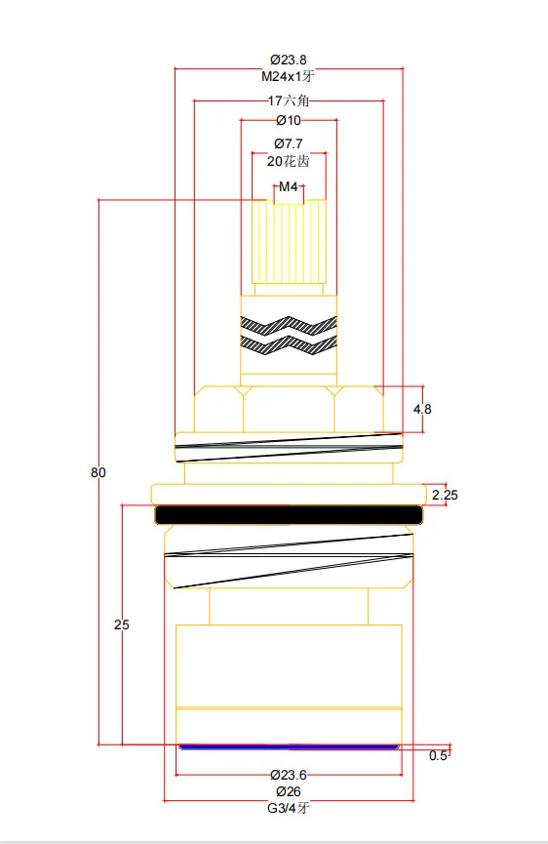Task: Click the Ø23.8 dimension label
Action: click(x=289, y=60)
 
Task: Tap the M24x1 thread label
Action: click(x=288, y=76)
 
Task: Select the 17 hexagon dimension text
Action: click(x=289, y=100)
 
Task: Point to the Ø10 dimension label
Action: click(x=289, y=121)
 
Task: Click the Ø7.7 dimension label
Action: click(x=289, y=143)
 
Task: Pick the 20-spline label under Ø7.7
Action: click(x=289, y=161)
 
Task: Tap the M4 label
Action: click(x=289, y=186)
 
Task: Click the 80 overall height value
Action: click(x=98, y=472)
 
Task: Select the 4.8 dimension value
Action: click(x=422, y=409)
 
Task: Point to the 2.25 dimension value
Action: click(x=445, y=495)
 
